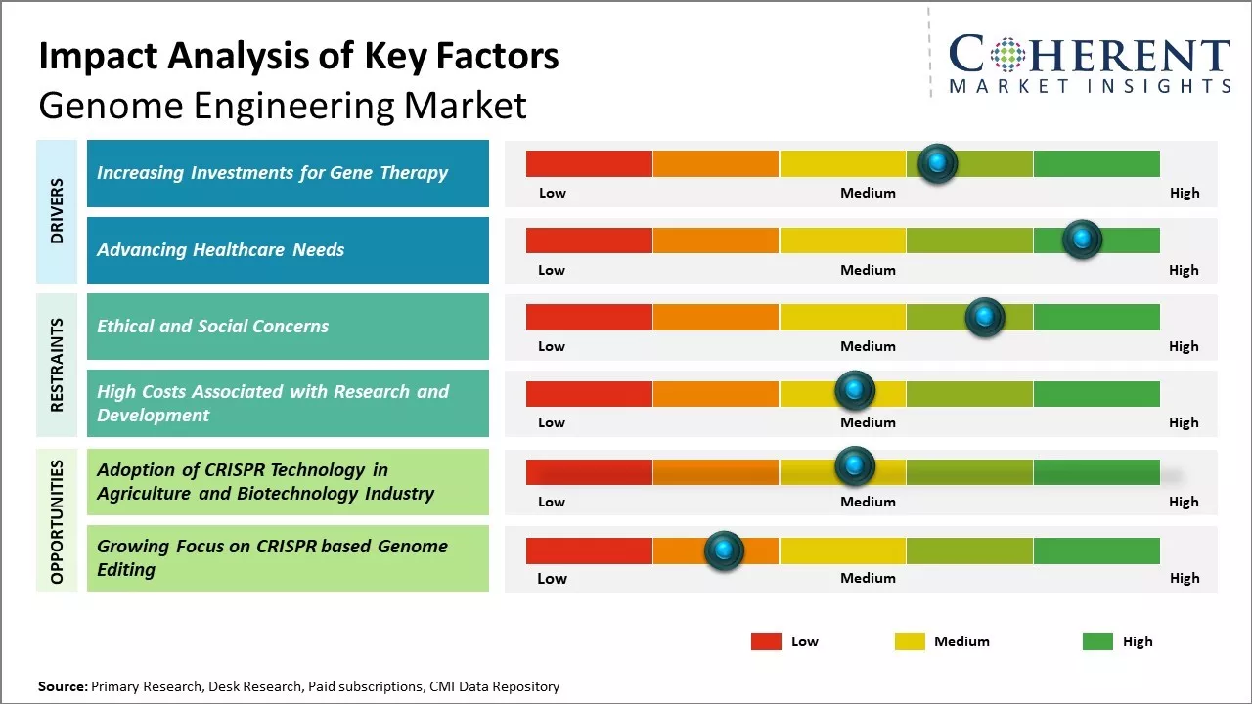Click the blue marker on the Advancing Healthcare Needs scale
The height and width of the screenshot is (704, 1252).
tap(1082, 240)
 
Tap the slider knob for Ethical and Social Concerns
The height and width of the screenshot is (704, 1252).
tap(984, 317)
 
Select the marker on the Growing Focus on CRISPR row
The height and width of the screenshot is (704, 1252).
tap(724, 550)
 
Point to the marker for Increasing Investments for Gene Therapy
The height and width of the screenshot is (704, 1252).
tap(938, 163)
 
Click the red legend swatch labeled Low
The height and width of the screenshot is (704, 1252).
tap(766, 641)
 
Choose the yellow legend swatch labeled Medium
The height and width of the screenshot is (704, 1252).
tap(910, 641)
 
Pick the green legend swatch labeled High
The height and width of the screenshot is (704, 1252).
tap(1097, 641)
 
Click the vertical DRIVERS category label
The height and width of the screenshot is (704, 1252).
tap(57, 210)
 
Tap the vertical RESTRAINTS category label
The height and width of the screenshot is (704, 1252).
tap(57, 365)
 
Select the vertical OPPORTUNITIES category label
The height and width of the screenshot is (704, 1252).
tap(57, 521)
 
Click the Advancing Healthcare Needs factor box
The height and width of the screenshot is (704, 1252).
tap(288, 250)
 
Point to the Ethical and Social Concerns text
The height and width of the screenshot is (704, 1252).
tap(212, 327)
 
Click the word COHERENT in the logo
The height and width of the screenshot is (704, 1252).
tap(1089, 55)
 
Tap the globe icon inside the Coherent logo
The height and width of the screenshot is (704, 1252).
tap(1007, 55)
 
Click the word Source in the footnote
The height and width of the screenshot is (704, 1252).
tap(62, 686)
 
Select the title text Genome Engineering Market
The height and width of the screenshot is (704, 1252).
tap(283, 105)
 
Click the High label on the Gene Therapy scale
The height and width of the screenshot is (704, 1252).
tap(1185, 193)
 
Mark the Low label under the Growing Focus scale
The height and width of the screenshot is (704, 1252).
tap(552, 578)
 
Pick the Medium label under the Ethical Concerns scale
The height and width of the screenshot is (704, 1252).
tap(868, 346)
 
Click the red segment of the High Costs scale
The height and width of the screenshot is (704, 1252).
tap(589, 394)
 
